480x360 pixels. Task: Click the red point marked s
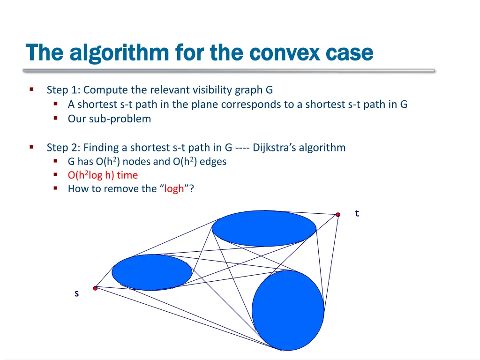click(95, 288)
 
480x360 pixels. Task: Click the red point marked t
click(337, 215)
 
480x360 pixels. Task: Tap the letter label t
click(357, 213)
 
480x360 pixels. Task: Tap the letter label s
click(76, 293)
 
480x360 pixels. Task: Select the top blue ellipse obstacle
click(264, 228)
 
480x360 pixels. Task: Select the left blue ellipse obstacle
click(152, 272)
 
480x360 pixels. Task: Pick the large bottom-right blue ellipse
click(288, 310)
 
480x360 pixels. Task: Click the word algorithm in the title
click(119, 52)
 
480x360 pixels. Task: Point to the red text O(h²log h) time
click(103, 175)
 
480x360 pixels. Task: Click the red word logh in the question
click(174, 189)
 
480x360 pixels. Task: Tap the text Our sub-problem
click(109, 119)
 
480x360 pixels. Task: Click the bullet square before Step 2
click(31, 147)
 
